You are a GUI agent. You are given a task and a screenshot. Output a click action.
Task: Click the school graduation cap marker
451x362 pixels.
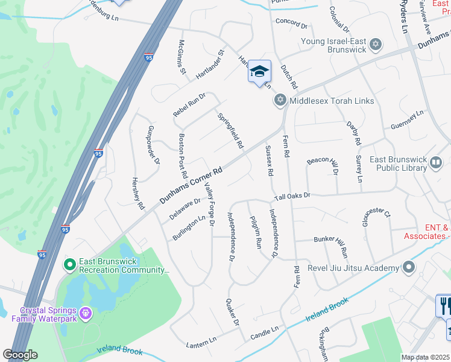pyautogui.click(x=259, y=72)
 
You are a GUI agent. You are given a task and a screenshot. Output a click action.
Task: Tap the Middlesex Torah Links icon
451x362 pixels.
pyautogui.click(x=280, y=100)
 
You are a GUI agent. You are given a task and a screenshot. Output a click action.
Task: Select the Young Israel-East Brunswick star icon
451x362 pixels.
pyautogui.click(x=376, y=44)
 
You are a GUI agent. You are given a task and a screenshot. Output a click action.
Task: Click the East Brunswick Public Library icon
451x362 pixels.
pyautogui.click(x=435, y=162)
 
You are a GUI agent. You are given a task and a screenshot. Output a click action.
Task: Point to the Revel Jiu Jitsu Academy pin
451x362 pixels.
pyautogui.click(x=409, y=267)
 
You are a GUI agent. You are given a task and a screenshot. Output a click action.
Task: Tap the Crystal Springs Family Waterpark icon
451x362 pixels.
pyautogui.click(x=86, y=313)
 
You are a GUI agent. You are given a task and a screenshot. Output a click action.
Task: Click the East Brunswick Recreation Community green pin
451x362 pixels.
pyautogui.click(x=69, y=264)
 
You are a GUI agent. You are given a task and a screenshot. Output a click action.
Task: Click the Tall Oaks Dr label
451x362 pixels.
pyautogui.click(x=292, y=197)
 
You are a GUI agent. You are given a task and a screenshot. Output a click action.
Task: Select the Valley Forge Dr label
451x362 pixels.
pyautogui.click(x=209, y=205)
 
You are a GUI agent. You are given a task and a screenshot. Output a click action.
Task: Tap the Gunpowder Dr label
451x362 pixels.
pyautogui.click(x=154, y=145)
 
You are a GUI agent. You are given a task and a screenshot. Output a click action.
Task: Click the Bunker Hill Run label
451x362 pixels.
pyautogui.click(x=331, y=244)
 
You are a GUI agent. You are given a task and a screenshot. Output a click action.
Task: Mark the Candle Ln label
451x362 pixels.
pyautogui.click(x=265, y=331)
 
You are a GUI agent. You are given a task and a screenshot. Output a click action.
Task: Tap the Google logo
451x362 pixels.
pyautogui.click(x=20, y=355)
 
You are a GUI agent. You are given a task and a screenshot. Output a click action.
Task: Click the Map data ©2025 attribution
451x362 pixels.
pyautogui.click(x=426, y=357)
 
